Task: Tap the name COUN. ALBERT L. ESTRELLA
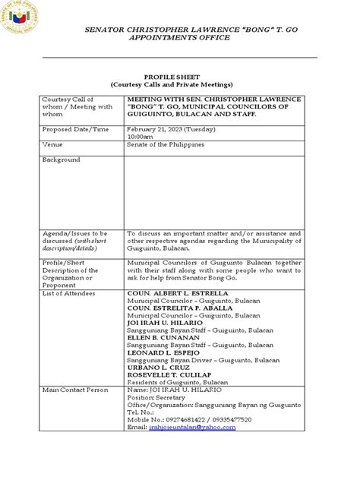click(x=177, y=292)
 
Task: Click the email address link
click(x=193, y=427)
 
